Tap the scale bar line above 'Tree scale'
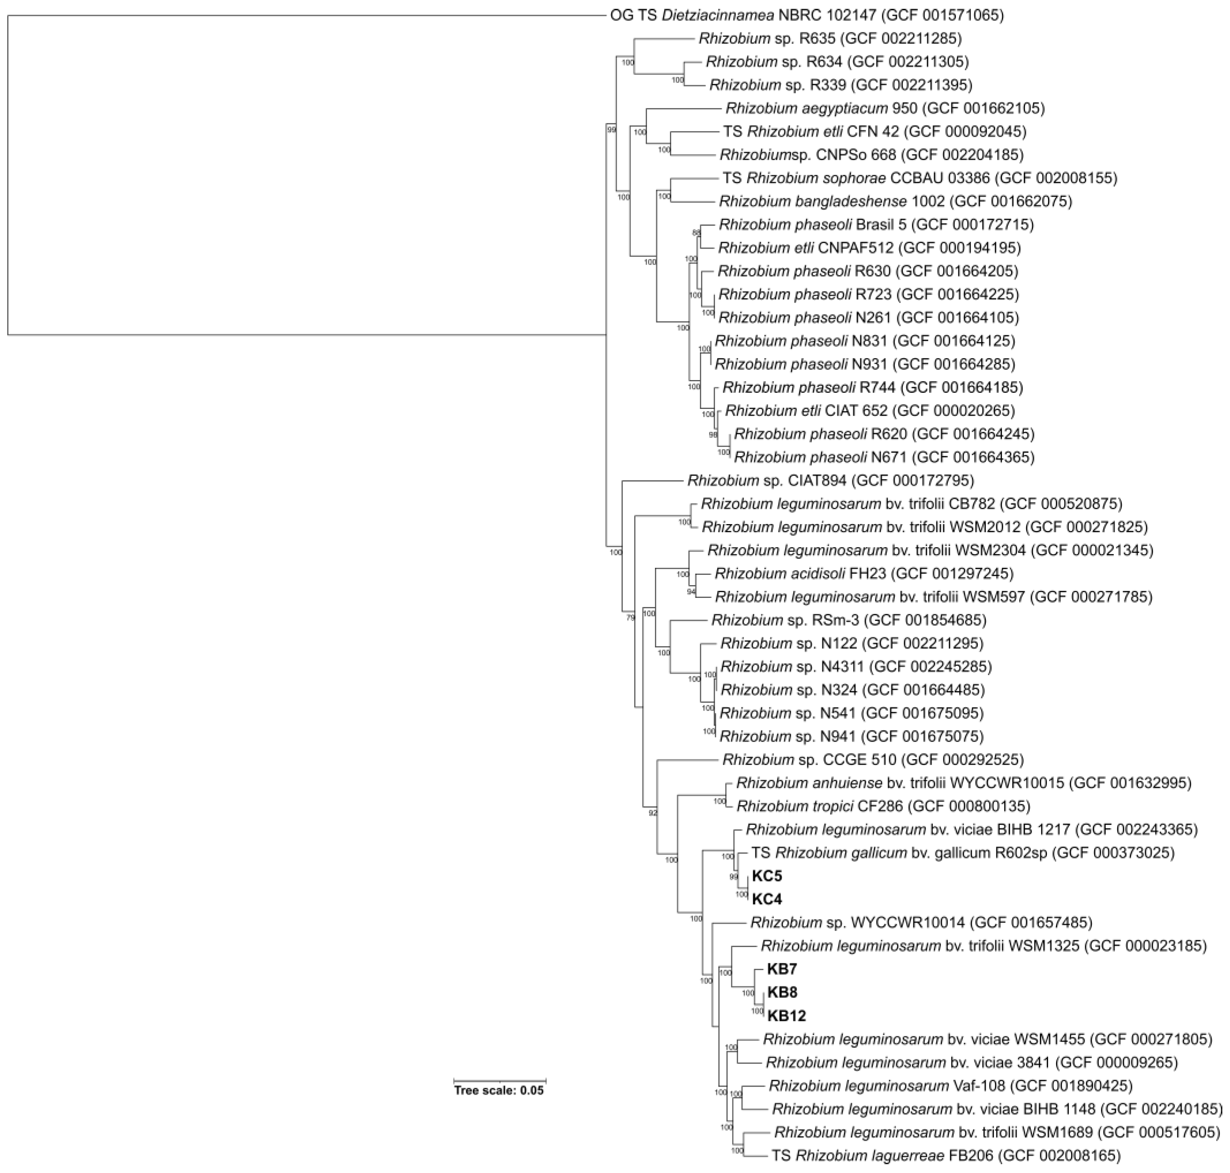[x=499, y=1079]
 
